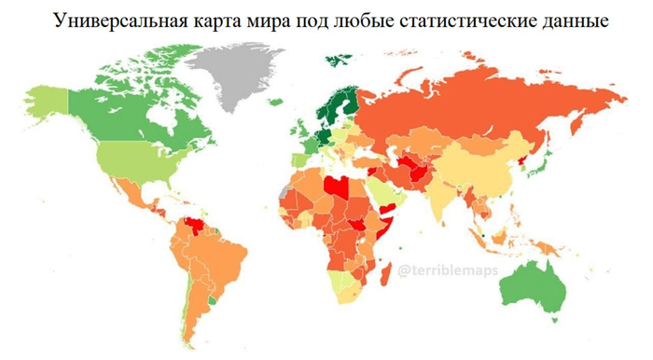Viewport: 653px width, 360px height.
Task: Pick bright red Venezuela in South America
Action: coord(196,227)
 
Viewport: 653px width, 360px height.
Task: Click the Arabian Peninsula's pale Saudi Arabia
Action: coord(388,191)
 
